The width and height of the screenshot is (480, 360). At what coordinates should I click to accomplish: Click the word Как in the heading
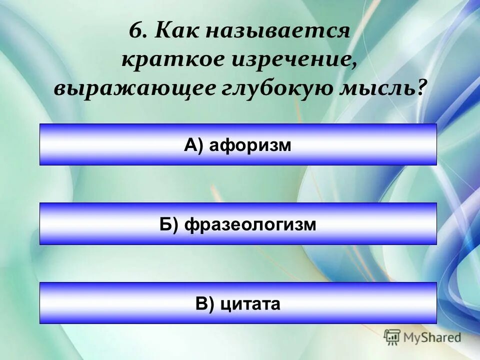[172, 31]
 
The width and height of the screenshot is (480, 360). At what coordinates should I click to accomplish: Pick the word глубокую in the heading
[275, 89]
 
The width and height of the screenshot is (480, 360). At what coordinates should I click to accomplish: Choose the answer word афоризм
[250, 145]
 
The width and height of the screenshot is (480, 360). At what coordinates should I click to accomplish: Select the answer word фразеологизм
[250, 224]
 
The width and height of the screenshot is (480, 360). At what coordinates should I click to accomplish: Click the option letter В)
[204, 303]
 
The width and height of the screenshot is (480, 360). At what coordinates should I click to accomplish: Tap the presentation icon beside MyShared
[392, 337]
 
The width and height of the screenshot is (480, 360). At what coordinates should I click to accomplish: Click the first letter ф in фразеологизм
[190, 225]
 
